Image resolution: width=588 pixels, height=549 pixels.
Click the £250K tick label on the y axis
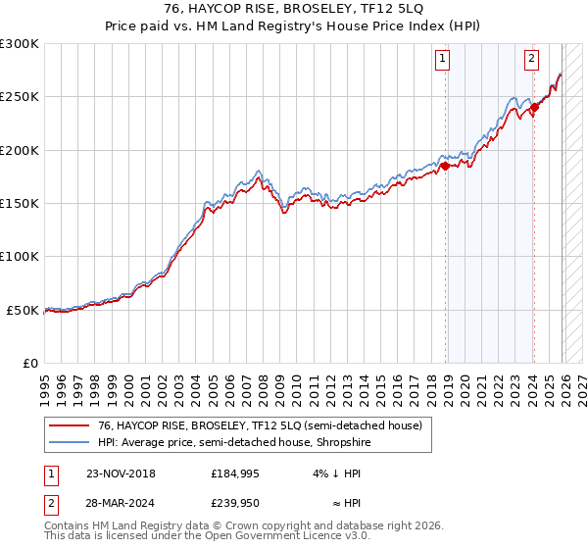pos(20,97)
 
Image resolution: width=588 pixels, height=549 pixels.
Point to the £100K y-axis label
pos(20,256)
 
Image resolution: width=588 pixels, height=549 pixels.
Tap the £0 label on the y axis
pos(29,363)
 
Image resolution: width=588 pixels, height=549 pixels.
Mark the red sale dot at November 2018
pos(445,167)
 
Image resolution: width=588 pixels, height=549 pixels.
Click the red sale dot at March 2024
pos(534,108)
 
